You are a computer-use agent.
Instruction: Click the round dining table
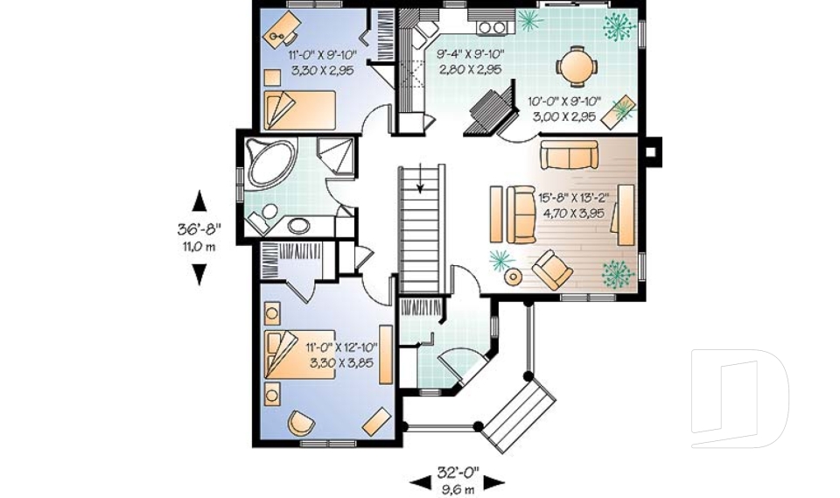click(x=576, y=65)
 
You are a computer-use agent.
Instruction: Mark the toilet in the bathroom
click(x=265, y=214)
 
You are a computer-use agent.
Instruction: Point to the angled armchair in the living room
click(x=553, y=269)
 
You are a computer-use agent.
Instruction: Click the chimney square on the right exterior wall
click(x=653, y=151)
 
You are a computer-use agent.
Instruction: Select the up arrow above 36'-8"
click(x=199, y=200)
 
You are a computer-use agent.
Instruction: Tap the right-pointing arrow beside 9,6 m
click(x=495, y=482)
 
